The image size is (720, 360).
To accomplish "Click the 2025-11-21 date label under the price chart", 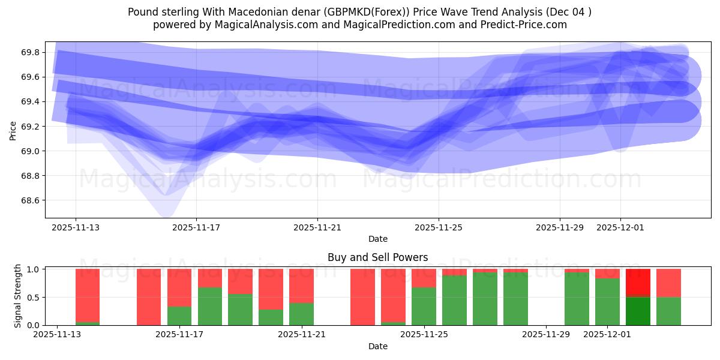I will (x=317, y=228).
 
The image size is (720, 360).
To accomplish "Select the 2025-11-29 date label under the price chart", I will (x=559, y=228).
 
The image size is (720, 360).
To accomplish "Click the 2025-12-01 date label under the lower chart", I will (x=608, y=335).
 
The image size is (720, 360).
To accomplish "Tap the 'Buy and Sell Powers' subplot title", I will (x=377, y=257).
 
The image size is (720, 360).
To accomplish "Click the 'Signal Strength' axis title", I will (x=18, y=296).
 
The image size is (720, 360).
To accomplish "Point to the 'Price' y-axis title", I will (x=13, y=130).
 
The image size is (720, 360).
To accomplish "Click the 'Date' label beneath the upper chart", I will (x=377, y=239).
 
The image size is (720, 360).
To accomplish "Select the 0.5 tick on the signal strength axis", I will (x=33, y=298).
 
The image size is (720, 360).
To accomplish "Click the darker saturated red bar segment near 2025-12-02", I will (x=638, y=283).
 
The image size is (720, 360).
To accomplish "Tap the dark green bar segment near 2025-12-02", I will (x=638, y=311).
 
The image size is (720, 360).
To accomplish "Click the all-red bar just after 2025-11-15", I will (x=149, y=297).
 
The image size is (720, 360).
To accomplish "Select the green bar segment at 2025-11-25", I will (x=424, y=307).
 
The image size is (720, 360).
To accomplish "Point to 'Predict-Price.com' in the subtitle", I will (x=526, y=25).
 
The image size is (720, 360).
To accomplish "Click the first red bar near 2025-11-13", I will (x=88, y=295).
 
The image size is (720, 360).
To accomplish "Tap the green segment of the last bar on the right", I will (x=668, y=311).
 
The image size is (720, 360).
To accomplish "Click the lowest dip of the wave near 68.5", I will (x=167, y=211).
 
